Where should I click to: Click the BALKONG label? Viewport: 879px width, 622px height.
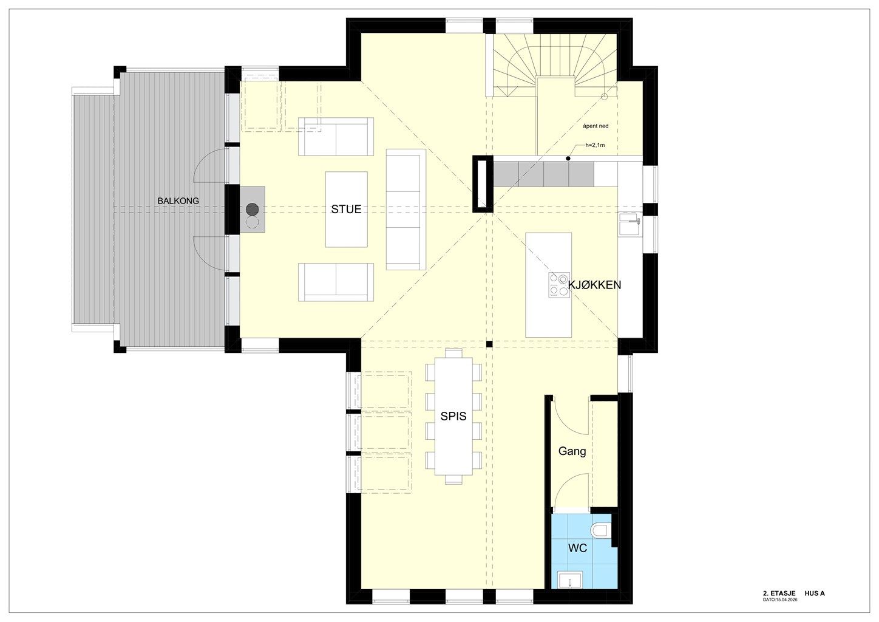(178, 200)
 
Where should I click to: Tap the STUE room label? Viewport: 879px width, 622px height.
(346, 210)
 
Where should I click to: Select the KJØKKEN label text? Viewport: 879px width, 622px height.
(594, 285)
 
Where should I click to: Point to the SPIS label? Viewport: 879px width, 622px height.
(453, 416)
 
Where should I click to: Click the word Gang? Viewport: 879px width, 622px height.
(572, 451)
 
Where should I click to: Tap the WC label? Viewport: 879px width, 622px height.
(578, 548)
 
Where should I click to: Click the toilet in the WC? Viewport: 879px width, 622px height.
(601, 530)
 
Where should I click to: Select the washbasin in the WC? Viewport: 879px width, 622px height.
(570, 580)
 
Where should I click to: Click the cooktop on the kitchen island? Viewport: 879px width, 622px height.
(559, 285)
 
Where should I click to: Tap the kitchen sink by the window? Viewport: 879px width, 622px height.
(630, 224)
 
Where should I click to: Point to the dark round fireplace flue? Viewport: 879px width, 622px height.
(253, 210)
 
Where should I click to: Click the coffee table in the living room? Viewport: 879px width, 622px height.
(347, 210)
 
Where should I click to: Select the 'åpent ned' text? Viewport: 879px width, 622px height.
(596, 126)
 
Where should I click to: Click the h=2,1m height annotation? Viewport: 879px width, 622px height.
(595, 145)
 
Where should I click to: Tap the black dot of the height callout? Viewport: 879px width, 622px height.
(568, 159)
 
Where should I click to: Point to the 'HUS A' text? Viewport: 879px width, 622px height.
(815, 593)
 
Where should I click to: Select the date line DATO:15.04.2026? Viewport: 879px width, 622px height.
(780, 600)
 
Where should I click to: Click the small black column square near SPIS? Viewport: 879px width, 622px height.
(489, 344)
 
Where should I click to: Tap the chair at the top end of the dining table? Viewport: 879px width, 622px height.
(453, 353)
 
